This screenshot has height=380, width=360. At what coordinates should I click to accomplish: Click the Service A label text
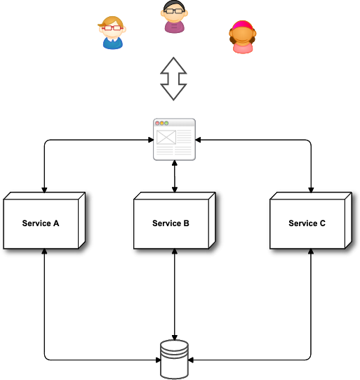(x=41, y=223)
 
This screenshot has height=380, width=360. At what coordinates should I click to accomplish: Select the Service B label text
(x=171, y=223)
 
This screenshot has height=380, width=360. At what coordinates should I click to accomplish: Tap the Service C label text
(x=307, y=223)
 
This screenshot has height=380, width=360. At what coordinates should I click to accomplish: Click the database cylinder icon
(x=174, y=359)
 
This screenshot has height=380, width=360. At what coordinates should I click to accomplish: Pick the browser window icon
(x=174, y=139)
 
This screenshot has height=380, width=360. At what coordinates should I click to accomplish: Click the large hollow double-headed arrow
(x=173, y=79)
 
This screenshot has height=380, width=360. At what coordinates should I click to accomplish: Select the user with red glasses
(x=112, y=33)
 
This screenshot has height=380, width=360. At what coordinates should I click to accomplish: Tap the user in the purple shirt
(x=174, y=16)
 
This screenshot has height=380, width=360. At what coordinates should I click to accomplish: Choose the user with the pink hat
(x=243, y=37)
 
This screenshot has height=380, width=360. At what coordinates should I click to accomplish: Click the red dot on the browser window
(x=157, y=123)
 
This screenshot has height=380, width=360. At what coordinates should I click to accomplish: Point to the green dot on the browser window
(x=166, y=123)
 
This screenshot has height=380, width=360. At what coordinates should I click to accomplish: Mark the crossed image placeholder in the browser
(x=166, y=137)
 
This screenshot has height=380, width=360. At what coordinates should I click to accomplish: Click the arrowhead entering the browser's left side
(x=151, y=140)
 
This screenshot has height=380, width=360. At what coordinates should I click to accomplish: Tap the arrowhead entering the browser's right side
(x=198, y=140)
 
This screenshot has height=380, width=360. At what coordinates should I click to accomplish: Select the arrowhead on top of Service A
(x=44, y=190)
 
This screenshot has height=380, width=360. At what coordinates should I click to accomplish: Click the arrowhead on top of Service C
(x=311, y=190)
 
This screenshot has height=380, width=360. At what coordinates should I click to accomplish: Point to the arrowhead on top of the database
(x=175, y=338)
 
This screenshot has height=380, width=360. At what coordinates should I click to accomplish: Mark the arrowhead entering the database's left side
(x=158, y=360)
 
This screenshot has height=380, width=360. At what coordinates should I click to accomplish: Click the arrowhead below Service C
(x=311, y=251)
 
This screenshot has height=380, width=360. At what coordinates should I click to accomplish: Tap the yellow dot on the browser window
(x=161, y=123)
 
